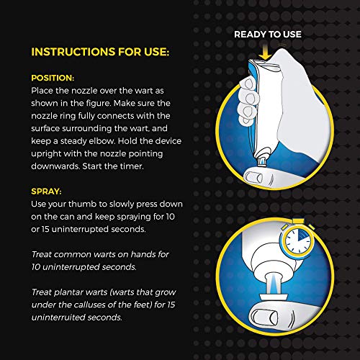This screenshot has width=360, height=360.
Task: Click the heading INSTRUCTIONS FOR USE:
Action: tap(100, 52)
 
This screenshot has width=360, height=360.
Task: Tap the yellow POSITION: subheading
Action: tap(53, 78)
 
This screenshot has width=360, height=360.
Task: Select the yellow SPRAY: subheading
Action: tap(46, 192)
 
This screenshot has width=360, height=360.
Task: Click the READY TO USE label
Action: tap(268, 35)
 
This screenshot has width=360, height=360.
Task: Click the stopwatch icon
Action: tap(298, 240)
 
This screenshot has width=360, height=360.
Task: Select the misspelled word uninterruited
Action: tap(58, 318)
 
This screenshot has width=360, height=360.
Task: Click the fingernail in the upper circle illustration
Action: tap(253, 177)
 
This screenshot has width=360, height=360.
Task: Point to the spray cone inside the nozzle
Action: tap(274, 285)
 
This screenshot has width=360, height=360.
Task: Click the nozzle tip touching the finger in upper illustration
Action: tap(262, 163)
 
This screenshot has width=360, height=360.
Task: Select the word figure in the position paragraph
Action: tap(98, 104)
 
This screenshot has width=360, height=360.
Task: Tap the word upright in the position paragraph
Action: tap(46, 154)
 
